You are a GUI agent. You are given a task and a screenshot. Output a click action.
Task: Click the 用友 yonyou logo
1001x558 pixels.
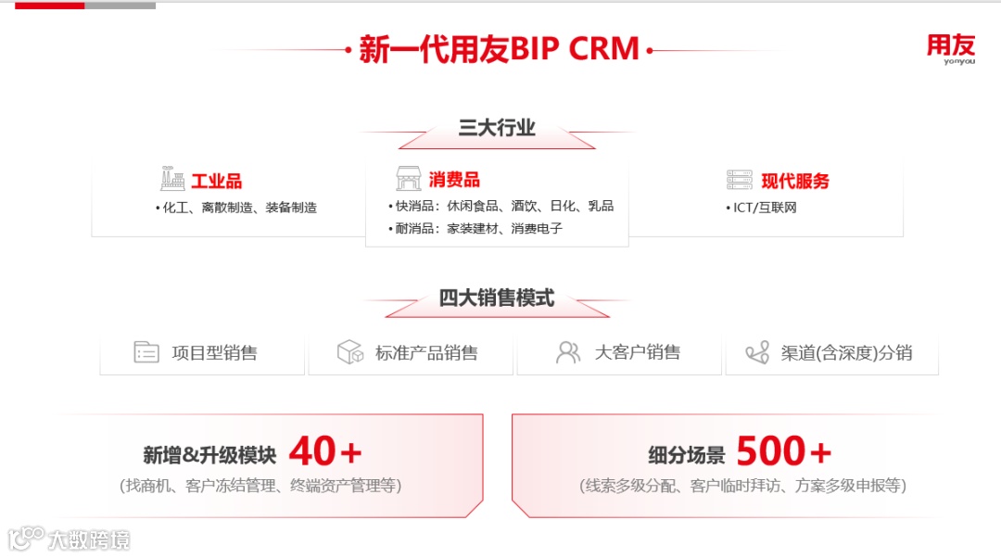[x=951, y=49]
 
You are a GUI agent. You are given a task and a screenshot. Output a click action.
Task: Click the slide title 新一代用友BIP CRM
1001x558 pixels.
[x=499, y=49]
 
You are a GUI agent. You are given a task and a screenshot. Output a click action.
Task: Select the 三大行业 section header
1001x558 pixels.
[x=497, y=128]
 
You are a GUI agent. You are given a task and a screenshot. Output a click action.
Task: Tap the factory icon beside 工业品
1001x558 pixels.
[x=172, y=180]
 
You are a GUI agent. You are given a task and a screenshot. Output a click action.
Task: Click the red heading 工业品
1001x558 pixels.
[x=216, y=182]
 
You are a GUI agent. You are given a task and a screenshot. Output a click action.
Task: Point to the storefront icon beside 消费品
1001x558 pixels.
[x=408, y=179]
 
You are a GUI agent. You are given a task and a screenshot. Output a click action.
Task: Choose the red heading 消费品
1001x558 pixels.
[x=454, y=180]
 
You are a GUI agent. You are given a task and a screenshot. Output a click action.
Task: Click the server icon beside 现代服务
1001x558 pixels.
[x=740, y=181]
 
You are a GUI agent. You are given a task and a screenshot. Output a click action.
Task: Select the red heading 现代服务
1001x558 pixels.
[x=795, y=182]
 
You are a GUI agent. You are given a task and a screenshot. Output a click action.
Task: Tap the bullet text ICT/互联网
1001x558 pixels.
[x=764, y=208]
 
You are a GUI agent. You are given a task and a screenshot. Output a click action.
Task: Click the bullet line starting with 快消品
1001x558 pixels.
[x=500, y=206]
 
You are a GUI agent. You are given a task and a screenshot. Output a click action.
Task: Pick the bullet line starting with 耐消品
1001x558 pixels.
[x=477, y=228]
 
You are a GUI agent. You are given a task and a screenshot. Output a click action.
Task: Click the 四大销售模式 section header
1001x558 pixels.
[x=497, y=298]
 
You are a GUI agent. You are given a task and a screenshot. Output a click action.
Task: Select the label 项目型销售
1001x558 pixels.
[x=214, y=353]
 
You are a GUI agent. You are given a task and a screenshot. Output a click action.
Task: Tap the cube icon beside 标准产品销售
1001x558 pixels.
[x=349, y=352]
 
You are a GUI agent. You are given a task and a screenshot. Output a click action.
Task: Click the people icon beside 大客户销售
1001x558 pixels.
[x=567, y=352]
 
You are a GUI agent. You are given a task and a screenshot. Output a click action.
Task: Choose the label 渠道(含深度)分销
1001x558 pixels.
[x=846, y=353]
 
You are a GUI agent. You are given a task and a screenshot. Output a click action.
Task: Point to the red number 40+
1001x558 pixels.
[x=324, y=452]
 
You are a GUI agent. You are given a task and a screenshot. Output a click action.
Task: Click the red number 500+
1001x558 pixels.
[x=784, y=452]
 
